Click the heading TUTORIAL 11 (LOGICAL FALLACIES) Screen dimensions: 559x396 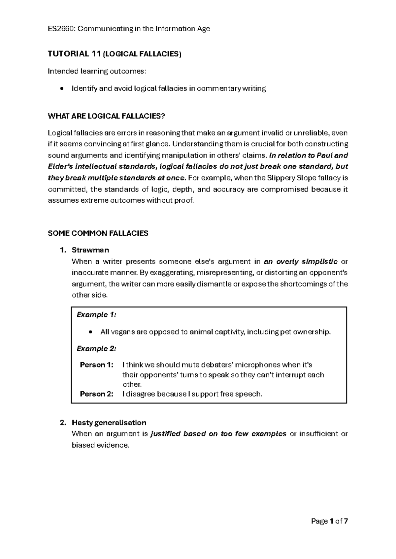[115, 54]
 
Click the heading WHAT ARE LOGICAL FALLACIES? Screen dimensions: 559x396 [106, 116]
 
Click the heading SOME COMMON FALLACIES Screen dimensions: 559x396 [98, 233]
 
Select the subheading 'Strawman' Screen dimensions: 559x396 [90, 250]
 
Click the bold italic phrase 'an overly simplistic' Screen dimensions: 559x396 [300, 262]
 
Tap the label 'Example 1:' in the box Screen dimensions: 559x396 [96, 315]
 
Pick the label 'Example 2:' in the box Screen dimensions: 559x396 [96, 348]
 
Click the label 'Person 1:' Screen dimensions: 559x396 [97, 365]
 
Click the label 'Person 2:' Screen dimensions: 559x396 [97, 394]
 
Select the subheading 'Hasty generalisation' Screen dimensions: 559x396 [109, 423]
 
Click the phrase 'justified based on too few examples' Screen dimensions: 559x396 [218, 434]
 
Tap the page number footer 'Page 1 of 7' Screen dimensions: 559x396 [330, 521]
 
